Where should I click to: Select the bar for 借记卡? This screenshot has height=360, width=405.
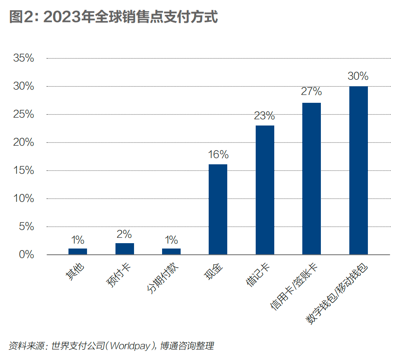click(x=265, y=189)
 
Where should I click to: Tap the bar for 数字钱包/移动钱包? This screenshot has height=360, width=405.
click(x=358, y=170)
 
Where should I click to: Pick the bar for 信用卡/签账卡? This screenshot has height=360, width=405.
click(x=311, y=178)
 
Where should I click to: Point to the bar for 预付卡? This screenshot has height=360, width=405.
click(x=125, y=249)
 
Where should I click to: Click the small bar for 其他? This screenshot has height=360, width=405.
click(x=78, y=251)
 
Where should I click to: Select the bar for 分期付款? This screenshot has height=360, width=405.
click(x=171, y=251)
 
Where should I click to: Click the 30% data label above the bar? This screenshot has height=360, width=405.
click(x=358, y=76)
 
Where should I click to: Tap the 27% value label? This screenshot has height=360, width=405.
click(x=311, y=92)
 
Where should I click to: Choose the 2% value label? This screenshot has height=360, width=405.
click(x=124, y=234)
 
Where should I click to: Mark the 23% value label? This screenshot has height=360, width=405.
click(x=264, y=116)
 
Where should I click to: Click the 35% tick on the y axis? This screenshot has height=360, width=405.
click(x=24, y=58)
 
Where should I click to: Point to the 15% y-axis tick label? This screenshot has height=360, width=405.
click(x=24, y=171)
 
